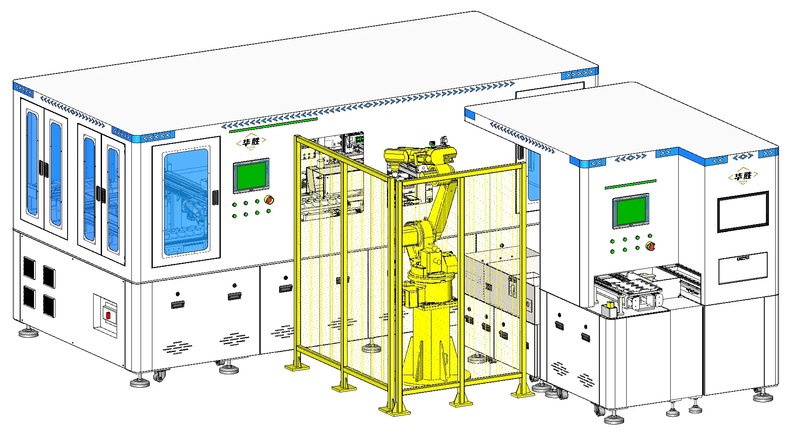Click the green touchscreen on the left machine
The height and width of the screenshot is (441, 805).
(x=251, y=176)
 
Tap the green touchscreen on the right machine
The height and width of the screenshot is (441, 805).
(x=630, y=211)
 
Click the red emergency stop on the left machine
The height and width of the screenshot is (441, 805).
(x=269, y=200)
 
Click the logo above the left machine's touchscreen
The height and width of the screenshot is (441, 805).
(x=251, y=142)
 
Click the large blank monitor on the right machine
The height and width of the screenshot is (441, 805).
(x=742, y=211)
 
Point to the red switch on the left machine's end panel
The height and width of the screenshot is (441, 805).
(x=108, y=315)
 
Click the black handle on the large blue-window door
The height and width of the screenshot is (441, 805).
(x=215, y=197)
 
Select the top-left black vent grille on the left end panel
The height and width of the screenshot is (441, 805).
(x=29, y=267)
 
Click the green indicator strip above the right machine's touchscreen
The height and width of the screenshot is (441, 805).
(x=630, y=184)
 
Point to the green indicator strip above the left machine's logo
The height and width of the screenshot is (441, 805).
(x=273, y=125)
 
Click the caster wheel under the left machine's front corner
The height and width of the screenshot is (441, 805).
(x=159, y=376)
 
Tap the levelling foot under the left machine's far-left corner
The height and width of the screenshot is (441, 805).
(x=29, y=333)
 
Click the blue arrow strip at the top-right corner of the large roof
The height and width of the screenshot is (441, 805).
(x=579, y=74)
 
